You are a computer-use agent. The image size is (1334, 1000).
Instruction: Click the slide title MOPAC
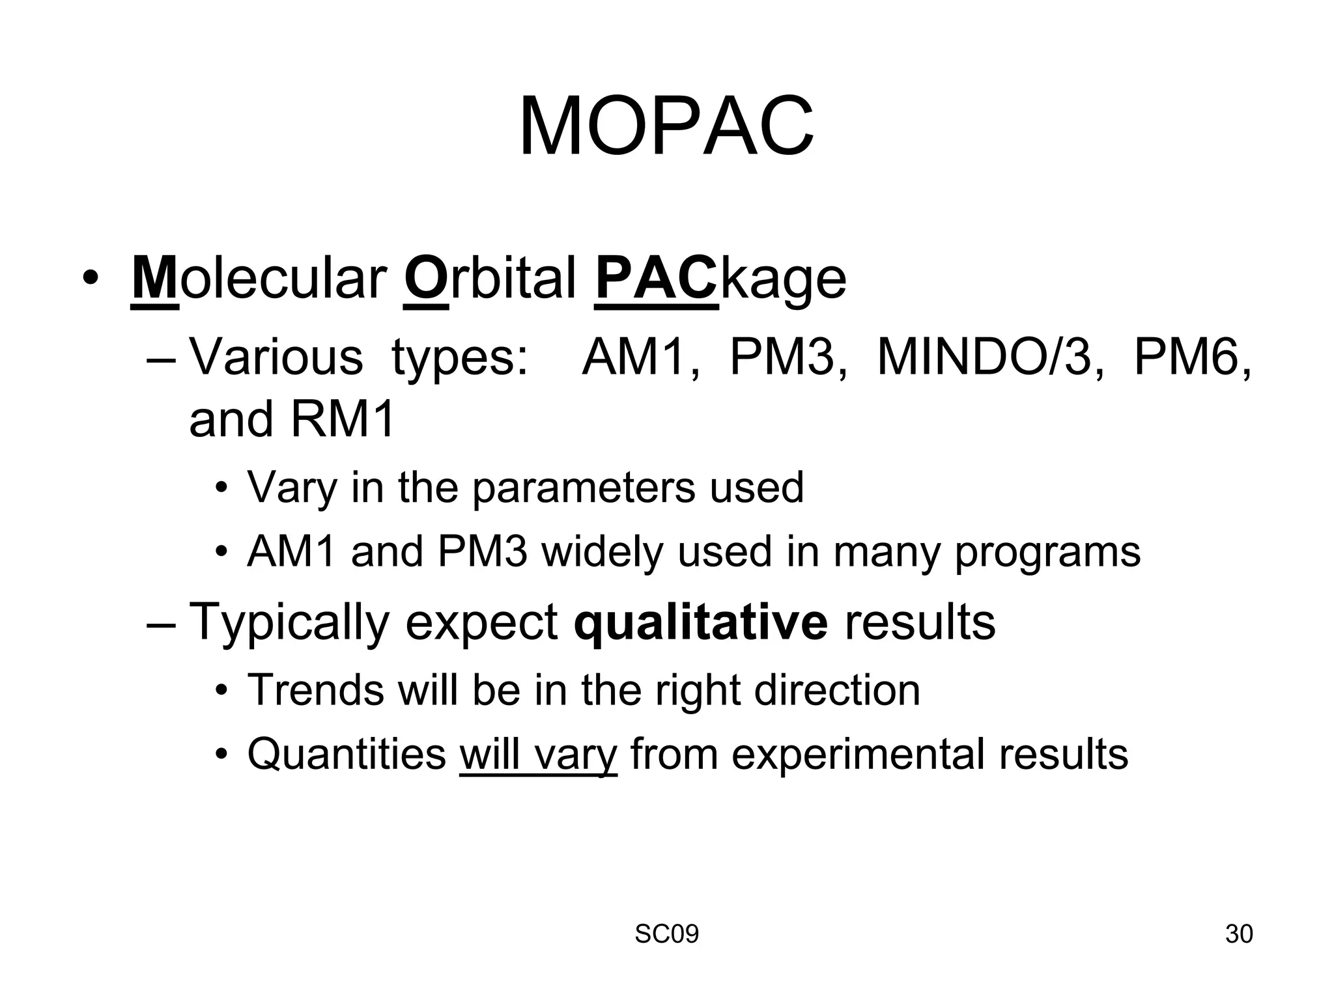coord(666,127)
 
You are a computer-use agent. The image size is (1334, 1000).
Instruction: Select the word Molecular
coord(259,279)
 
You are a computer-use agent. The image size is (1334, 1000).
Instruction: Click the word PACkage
coord(720,279)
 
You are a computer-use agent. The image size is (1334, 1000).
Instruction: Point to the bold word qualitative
coord(701,622)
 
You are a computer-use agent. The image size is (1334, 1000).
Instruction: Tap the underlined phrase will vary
coord(538,754)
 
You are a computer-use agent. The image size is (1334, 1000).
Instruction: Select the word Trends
coord(316,689)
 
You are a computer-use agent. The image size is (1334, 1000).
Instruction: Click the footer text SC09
coord(666,934)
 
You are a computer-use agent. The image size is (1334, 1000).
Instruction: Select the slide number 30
coord(1238,934)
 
